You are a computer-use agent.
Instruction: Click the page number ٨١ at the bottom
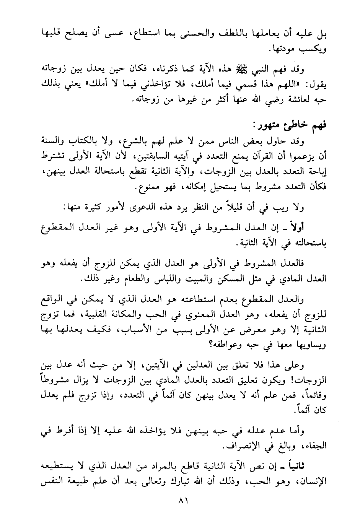(x=179, y=501)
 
